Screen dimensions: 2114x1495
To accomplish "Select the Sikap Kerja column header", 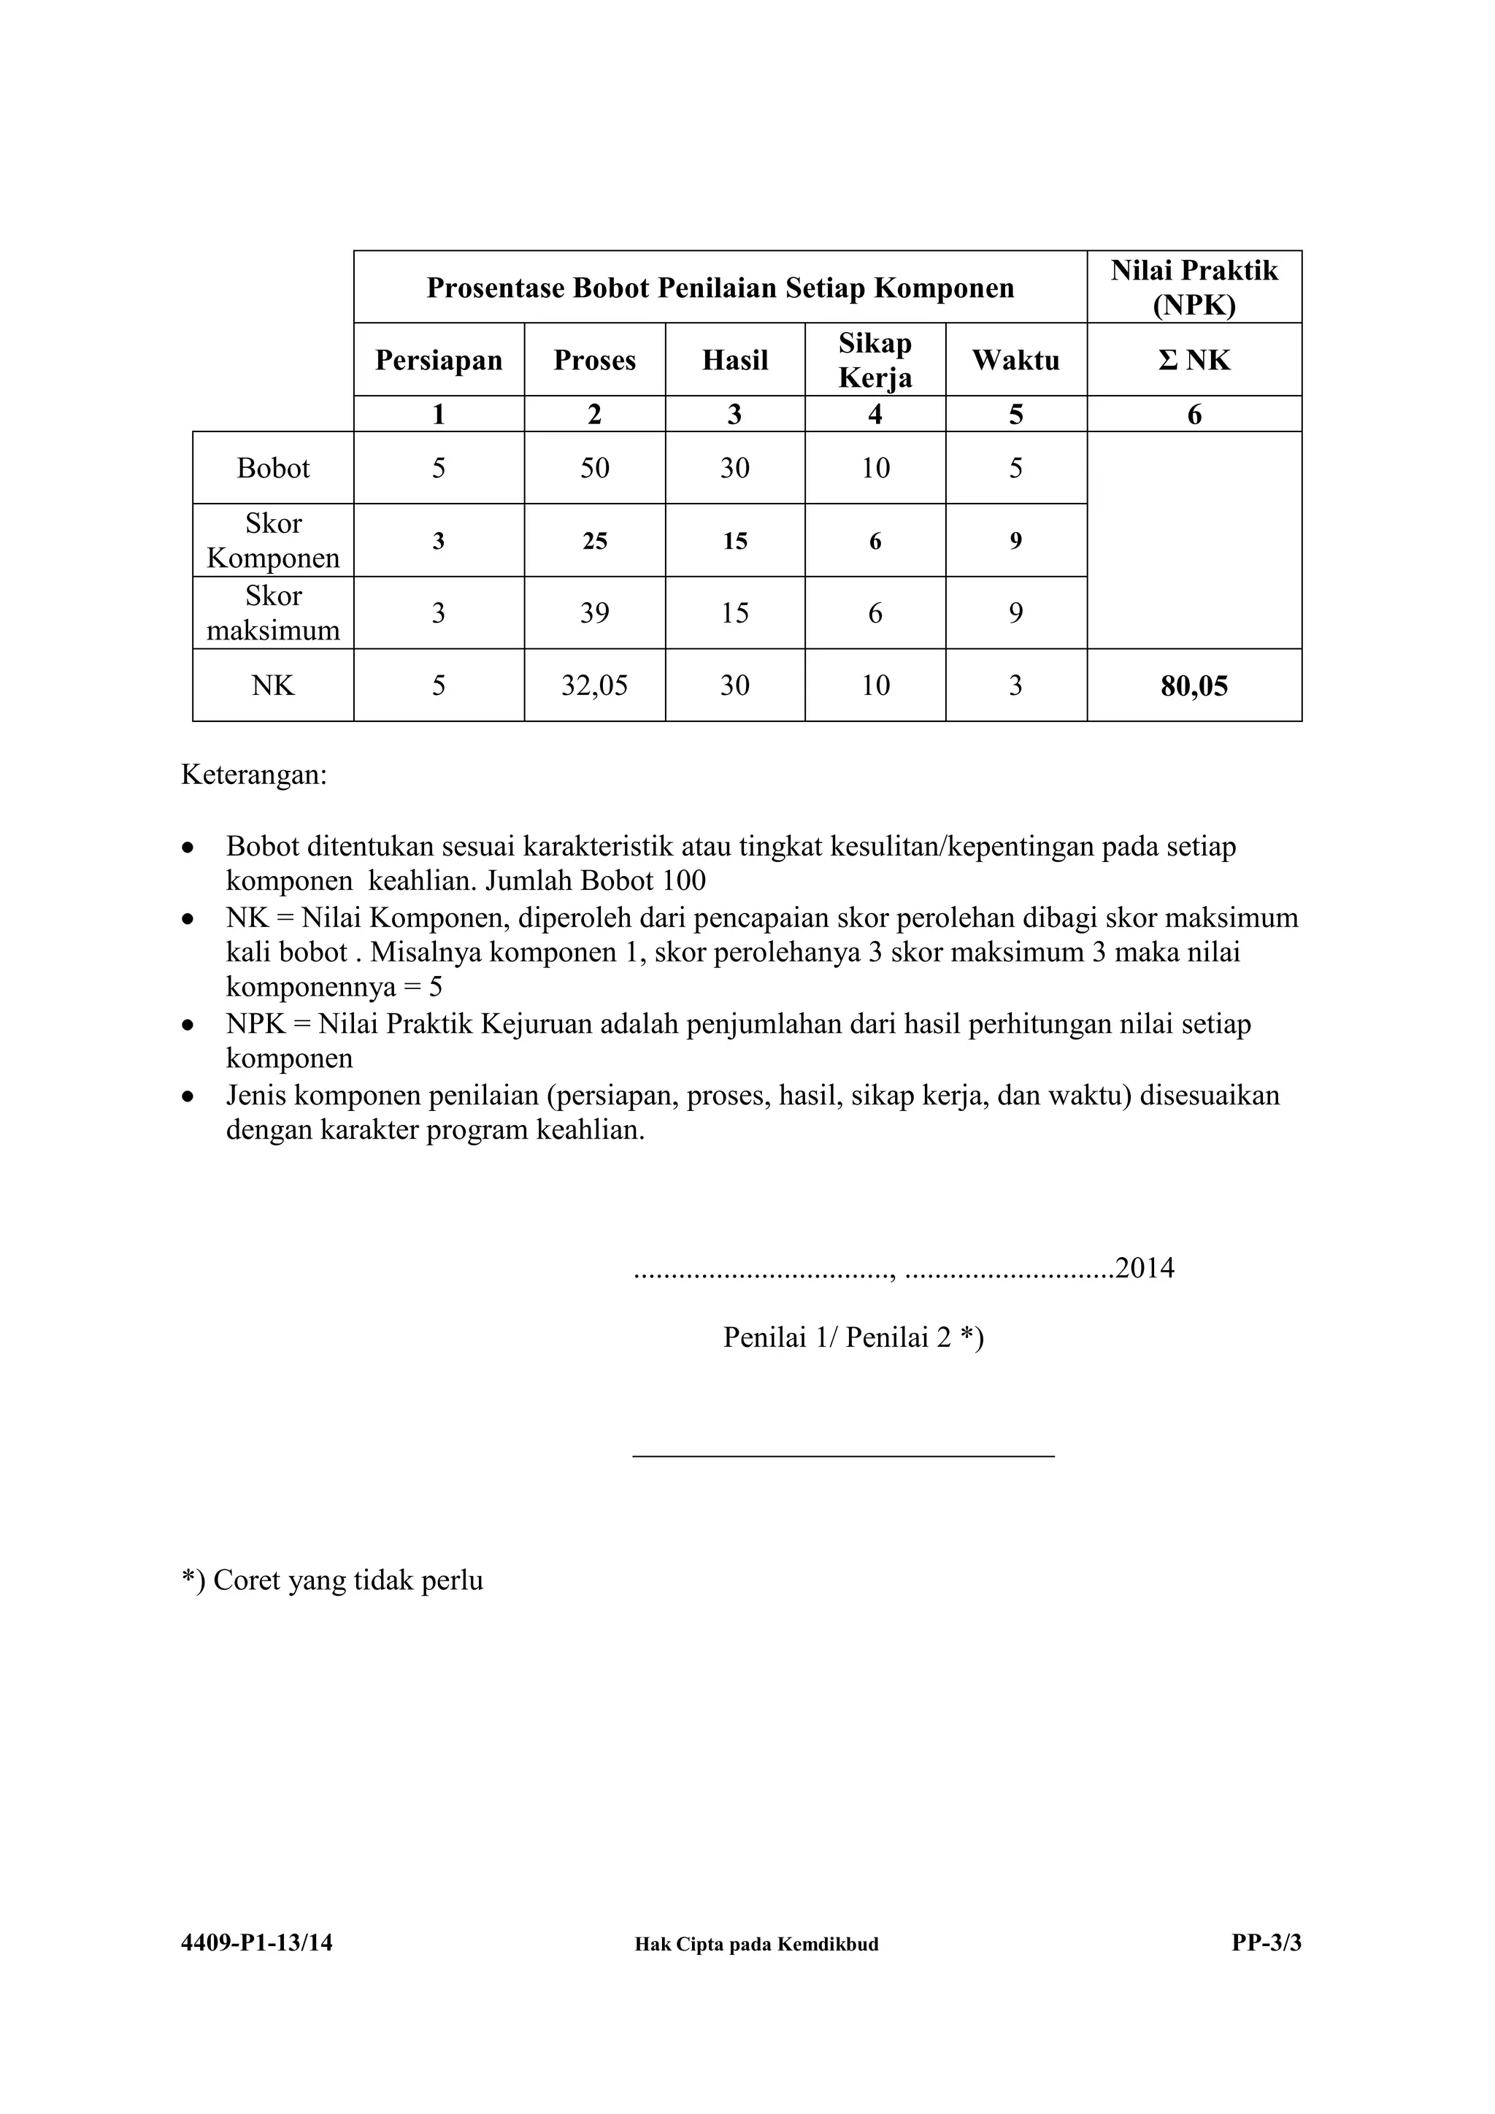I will (875, 360).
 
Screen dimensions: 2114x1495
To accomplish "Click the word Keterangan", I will (253, 775).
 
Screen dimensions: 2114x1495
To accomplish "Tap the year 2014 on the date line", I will (1145, 1269).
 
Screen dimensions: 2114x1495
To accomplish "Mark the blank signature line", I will (842, 1456).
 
